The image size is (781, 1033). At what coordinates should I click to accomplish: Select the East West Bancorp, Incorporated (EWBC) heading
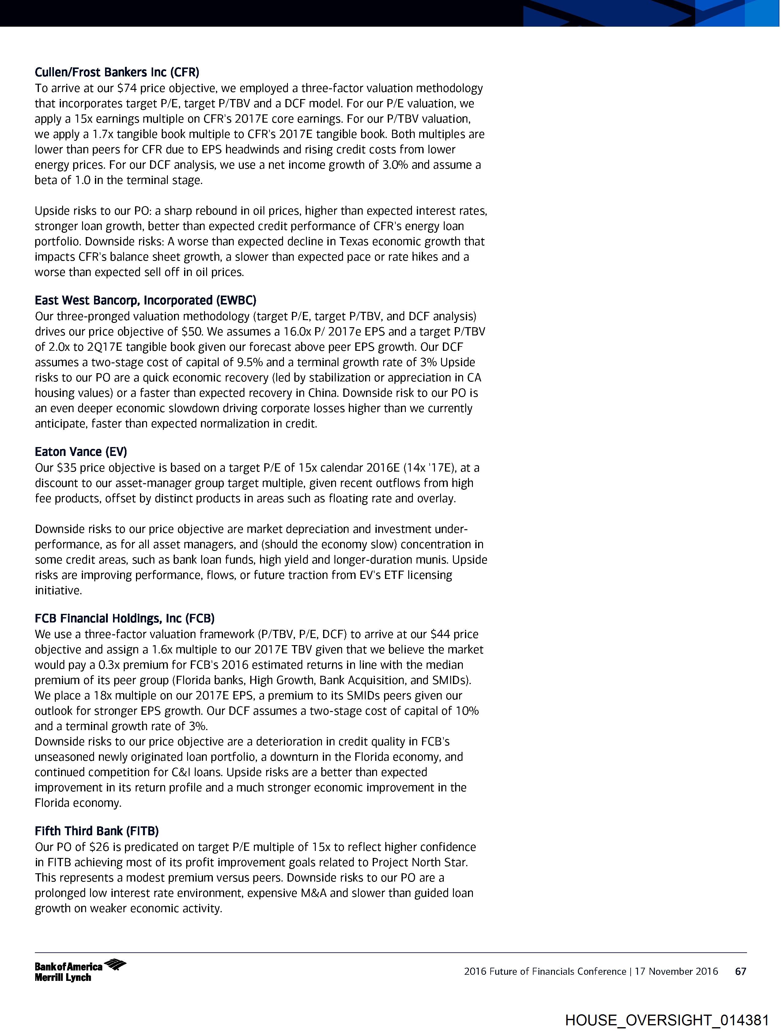point(145,300)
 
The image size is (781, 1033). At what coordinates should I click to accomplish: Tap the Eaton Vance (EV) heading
point(81,452)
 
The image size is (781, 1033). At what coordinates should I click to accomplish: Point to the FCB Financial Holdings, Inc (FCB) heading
point(125,618)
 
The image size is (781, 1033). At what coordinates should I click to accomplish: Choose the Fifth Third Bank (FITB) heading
point(96,831)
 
